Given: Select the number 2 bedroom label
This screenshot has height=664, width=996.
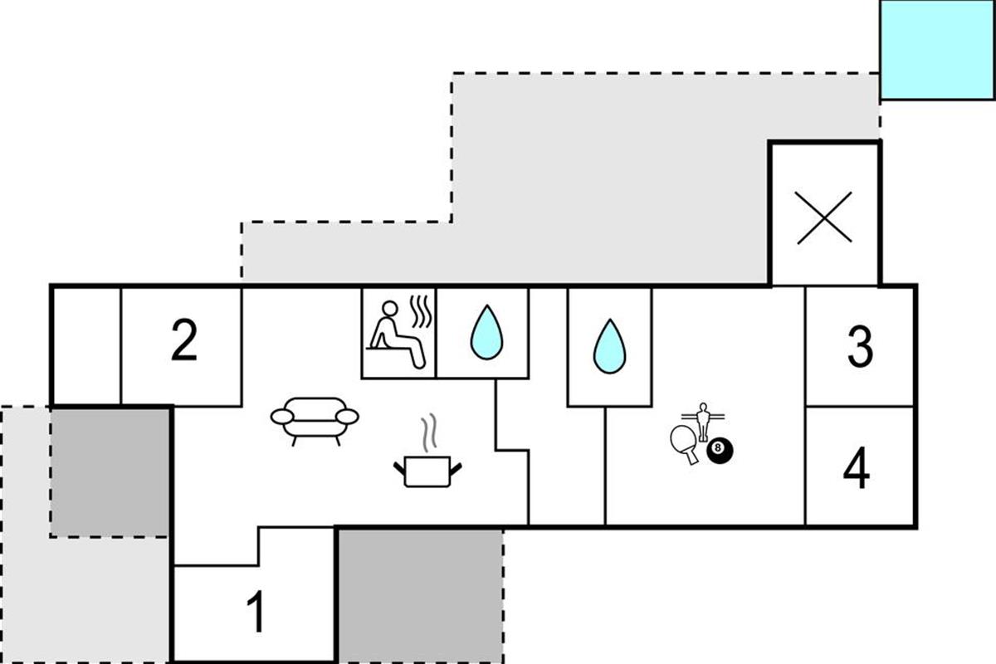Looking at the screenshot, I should point(184,342).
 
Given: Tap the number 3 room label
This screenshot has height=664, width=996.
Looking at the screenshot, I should point(860,347).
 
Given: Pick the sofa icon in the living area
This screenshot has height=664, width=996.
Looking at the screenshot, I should point(315,419).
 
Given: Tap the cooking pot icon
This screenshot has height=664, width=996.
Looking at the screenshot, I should point(427,471).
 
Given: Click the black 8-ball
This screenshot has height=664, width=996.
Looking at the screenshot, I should point(720,451).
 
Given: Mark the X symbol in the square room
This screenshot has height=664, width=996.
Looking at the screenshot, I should point(824,217).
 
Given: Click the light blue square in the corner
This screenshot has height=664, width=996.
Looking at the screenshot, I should point(936,49).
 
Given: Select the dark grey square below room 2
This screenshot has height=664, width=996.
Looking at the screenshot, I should point(110,471).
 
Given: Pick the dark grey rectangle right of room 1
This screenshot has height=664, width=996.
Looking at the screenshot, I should point(420,594).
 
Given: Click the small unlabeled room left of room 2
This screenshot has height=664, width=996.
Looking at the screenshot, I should point(86,344).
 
